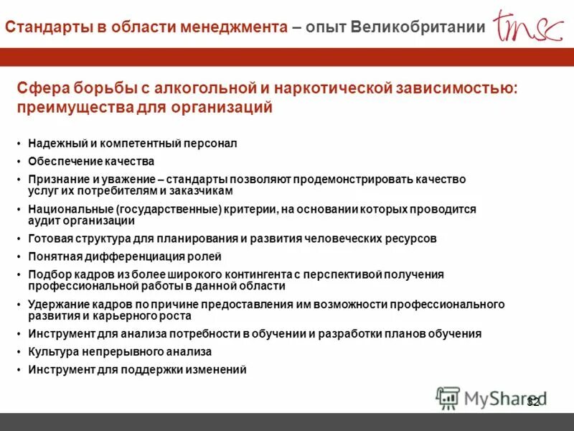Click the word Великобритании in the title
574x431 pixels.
418,27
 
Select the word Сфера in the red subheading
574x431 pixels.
41,88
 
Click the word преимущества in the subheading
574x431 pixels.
68,108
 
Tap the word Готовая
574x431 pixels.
50,238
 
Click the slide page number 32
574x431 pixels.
532,402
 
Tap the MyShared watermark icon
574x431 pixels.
448,398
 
